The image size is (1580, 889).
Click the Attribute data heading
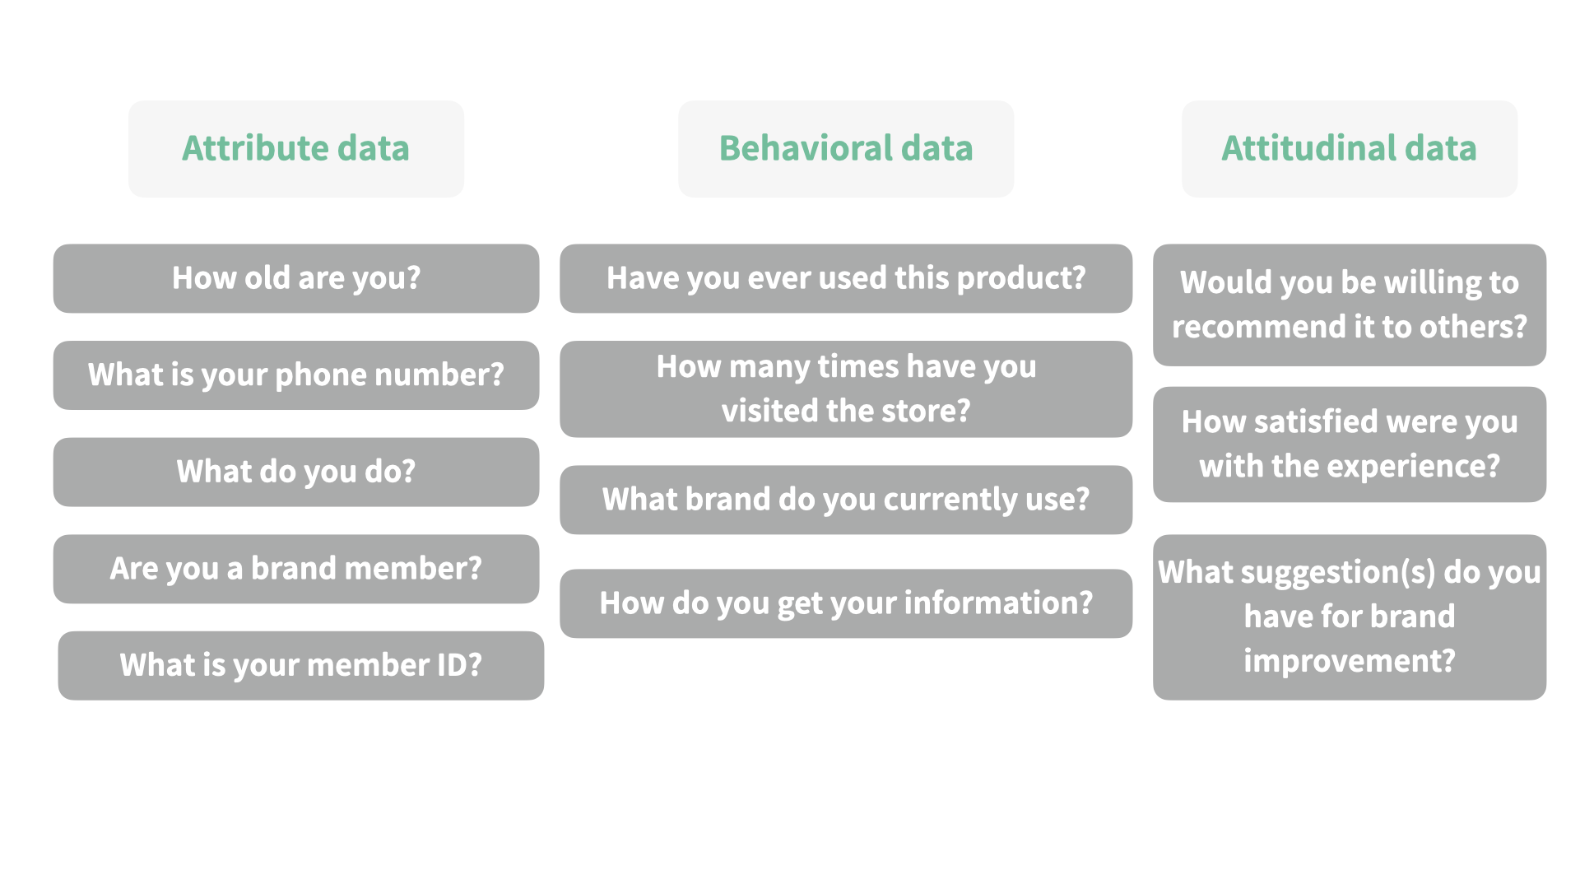pyautogui.click(x=295, y=149)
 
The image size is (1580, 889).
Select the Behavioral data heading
pyautogui.click(x=845, y=149)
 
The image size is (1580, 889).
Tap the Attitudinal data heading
pyautogui.click(x=1349, y=149)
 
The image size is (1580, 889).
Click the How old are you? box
pyautogui.click(x=295, y=278)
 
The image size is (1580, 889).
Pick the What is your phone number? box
pyautogui.click(x=295, y=375)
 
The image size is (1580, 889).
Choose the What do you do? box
pyautogui.click(x=295, y=472)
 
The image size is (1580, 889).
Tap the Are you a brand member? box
pyautogui.click(x=295, y=569)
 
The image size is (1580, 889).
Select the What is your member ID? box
pyautogui.click(x=300, y=665)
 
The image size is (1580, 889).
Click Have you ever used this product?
pyautogui.click(x=845, y=278)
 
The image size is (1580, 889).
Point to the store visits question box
pyautogui.click(x=845, y=389)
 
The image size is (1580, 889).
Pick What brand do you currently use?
pyautogui.click(x=845, y=500)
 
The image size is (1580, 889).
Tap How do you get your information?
pyautogui.click(x=845, y=603)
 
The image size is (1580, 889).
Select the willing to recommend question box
pyautogui.click(x=1349, y=305)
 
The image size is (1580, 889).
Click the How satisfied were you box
pyautogui.click(x=1349, y=444)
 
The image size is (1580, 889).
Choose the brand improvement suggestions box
pyautogui.click(x=1349, y=617)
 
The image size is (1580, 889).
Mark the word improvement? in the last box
pyautogui.click(x=1349, y=661)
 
